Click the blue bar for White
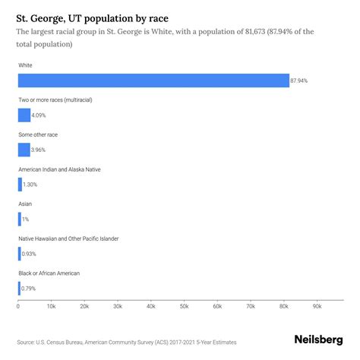[153, 81]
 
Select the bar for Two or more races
[24, 115]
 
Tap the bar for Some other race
[24, 150]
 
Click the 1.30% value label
[31, 185]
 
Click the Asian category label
[26, 204]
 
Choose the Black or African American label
[49, 273]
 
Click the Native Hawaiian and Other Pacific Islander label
[79, 238]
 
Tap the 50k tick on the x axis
[184, 306]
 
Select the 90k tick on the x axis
[317, 306]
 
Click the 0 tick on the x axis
[18, 306]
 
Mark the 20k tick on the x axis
[84, 306]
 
